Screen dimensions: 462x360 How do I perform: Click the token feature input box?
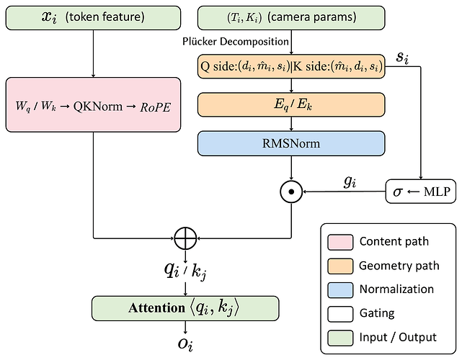pyautogui.click(x=93, y=18)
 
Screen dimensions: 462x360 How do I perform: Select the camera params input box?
pyautogui.click(x=291, y=18)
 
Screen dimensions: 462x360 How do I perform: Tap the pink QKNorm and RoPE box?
pyautogui.click(x=93, y=104)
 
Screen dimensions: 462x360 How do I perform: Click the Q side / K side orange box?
pyautogui.click(x=291, y=66)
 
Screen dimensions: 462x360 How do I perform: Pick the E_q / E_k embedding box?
pyautogui.click(x=291, y=104)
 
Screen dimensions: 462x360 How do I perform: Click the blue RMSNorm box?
pyautogui.click(x=291, y=143)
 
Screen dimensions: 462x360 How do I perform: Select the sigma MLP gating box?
pyautogui.click(x=421, y=192)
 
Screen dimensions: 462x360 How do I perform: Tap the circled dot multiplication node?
pyautogui.click(x=291, y=192)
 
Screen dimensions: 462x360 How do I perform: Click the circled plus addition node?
pyautogui.click(x=185, y=238)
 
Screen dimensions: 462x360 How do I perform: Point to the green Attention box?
pyautogui.click(x=185, y=308)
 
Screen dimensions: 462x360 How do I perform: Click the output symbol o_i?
pyautogui.click(x=185, y=343)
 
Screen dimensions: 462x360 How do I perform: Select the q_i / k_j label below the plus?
pyautogui.click(x=185, y=271)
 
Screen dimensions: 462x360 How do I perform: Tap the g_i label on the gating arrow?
pyautogui.click(x=350, y=182)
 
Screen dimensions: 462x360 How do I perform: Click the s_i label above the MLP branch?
pyautogui.click(x=402, y=57)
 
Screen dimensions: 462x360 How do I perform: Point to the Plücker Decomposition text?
pyautogui.click(x=236, y=42)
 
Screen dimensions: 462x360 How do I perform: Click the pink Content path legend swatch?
pyautogui.click(x=340, y=242)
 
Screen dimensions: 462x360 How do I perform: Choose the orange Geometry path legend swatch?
pyautogui.click(x=340, y=266)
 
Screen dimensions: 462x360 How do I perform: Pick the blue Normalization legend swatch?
pyautogui.click(x=340, y=290)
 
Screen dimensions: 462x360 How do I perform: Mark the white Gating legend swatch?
pyautogui.click(x=340, y=314)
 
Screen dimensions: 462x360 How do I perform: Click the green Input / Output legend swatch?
pyautogui.click(x=340, y=338)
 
